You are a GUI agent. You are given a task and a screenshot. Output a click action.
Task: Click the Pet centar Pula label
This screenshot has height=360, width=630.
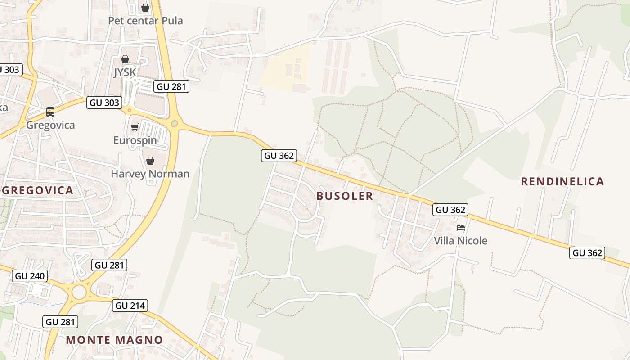[145, 21]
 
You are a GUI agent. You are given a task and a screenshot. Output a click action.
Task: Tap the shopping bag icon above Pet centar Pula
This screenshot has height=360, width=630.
[145, 8]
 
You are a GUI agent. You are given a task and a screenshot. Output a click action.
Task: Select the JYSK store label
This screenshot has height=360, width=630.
[125, 72]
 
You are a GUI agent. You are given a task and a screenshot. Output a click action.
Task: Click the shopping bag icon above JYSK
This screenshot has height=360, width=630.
[125, 59]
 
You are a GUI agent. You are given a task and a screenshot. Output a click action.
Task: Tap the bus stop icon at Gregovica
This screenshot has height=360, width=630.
[50, 112]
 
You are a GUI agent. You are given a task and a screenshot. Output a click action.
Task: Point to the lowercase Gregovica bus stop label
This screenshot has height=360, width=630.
[50, 125]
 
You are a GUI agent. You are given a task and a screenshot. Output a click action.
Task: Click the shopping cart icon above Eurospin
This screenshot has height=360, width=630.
[135, 127]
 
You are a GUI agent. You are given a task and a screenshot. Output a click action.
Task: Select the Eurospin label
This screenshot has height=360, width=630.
[135, 140]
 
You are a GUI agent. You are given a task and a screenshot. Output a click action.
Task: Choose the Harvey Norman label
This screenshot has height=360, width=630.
[150, 174]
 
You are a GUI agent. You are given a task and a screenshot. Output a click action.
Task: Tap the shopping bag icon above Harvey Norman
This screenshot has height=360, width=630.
[150, 161]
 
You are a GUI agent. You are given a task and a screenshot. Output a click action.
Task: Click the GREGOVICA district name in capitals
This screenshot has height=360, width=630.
[38, 190]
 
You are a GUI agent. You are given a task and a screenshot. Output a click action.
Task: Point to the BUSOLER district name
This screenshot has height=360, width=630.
[345, 196]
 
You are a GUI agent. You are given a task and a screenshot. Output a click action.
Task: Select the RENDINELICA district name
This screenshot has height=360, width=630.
[562, 181]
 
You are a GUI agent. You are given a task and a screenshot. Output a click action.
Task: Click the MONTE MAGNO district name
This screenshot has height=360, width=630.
[114, 340]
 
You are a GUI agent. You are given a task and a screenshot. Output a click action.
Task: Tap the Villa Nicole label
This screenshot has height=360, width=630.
[460, 241]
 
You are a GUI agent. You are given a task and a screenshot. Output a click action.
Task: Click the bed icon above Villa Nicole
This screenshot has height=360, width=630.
[460, 228]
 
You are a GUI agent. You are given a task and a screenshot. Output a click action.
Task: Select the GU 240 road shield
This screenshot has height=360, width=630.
[30, 276]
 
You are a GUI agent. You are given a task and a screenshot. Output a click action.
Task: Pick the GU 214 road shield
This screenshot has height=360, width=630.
[130, 306]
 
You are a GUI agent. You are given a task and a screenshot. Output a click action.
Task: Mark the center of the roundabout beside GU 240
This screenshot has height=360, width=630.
[79, 292]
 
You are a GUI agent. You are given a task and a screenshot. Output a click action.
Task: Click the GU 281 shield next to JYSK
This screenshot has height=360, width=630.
[171, 87]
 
